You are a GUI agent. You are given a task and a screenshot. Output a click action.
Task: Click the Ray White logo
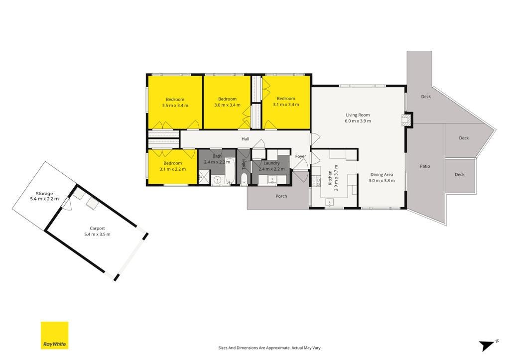[54, 335]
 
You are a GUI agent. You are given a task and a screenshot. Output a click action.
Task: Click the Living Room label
[358, 115]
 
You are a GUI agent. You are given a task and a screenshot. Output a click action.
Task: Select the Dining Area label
[382, 175]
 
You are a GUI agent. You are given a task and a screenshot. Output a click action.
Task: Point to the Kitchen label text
[330, 178]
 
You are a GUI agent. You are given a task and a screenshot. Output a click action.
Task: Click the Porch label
[281, 196]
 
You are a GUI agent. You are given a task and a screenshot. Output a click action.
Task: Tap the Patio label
[425, 166]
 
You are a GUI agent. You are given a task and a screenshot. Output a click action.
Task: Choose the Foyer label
[300, 156]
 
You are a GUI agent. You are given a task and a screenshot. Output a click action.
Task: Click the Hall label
[245, 139]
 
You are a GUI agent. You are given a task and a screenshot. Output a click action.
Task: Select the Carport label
[97, 228]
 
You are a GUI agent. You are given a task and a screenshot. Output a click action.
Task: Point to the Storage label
[44, 194]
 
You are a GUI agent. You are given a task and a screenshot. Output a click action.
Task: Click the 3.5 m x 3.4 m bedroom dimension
[175, 106]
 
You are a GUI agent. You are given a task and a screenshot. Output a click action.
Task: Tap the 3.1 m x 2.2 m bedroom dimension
[173, 169]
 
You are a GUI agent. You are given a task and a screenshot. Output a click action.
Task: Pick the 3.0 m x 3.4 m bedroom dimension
[227, 105]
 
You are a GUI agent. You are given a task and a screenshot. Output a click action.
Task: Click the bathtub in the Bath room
[230, 171]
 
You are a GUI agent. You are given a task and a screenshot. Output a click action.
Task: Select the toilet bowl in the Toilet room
[244, 179]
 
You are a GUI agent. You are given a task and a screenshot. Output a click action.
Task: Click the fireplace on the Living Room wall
[406, 120]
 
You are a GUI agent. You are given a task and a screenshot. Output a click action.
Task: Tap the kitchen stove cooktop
[316, 181]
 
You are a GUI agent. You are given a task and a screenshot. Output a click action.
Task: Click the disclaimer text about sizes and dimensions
[269, 348]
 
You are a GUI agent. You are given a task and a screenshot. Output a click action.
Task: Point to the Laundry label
[271, 163]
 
